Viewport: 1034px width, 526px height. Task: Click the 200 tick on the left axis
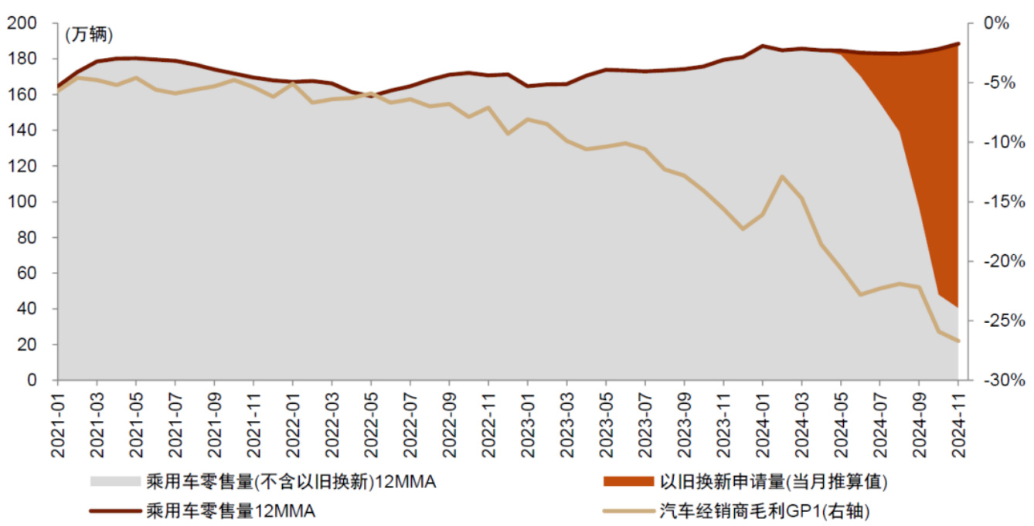pos(26,23)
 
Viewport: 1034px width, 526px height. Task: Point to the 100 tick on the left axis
pos(26,202)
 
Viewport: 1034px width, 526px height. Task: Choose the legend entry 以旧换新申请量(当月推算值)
pos(773,482)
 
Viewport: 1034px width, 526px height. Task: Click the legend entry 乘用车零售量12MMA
pos(230,511)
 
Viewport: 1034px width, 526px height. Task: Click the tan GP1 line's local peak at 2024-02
pos(782,176)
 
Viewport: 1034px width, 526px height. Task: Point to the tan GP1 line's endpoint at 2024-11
pos(957,341)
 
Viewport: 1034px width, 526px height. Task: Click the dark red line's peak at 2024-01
pos(763,46)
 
